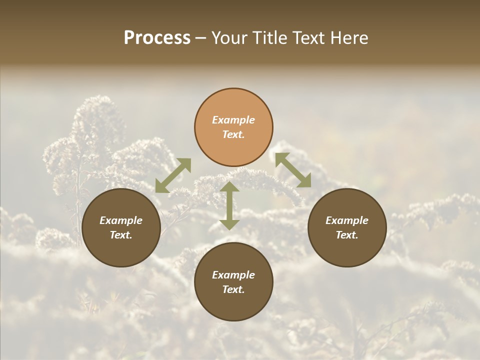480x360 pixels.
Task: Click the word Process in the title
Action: pyautogui.click(x=157, y=38)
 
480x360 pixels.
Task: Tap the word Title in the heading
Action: pyautogui.click(x=271, y=38)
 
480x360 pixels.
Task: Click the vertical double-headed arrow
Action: pyautogui.click(x=229, y=205)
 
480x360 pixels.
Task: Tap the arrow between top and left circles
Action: pyautogui.click(x=173, y=175)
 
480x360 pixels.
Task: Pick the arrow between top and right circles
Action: pyautogui.click(x=293, y=170)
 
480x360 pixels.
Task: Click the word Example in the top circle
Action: pyautogui.click(x=233, y=120)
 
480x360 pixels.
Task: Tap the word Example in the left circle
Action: pyautogui.click(x=121, y=220)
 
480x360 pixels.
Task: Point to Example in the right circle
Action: pyautogui.click(x=347, y=220)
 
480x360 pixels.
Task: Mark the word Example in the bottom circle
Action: pyautogui.click(x=233, y=275)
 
